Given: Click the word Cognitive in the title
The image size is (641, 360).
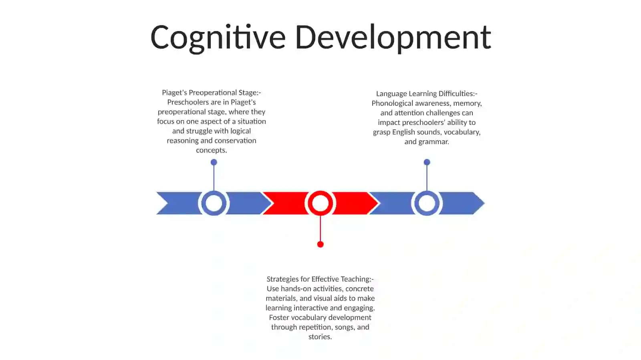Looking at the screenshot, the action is pyautogui.click(x=218, y=38).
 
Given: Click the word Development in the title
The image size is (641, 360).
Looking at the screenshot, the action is pyautogui.click(x=393, y=38).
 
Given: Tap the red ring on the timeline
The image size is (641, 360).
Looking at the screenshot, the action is pyautogui.click(x=320, y=203).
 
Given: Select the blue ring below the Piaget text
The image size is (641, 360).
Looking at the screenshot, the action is pyautogui.click(x=214, y=203).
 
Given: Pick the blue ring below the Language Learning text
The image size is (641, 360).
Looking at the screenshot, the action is pyautogui.click(x=427, y=203).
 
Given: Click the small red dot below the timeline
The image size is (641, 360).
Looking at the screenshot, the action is pyautogui.click(x=320, y=244).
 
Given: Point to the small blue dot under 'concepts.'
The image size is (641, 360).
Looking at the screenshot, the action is pyautogui.click(x=214, y=162).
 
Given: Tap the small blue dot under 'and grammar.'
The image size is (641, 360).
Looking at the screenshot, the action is pyautogui.click(x=427, y=162).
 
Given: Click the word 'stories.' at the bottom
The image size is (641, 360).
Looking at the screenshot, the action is pyautogui.click(x=320, y=336).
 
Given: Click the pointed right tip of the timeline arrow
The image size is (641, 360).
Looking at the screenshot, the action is pyautogui.click(x=484, y=203).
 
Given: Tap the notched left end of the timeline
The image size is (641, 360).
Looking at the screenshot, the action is pyautogui.click(x=168, y=203).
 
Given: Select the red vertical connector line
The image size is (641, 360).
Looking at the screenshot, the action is pyautogui.click(x=320, y=229).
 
